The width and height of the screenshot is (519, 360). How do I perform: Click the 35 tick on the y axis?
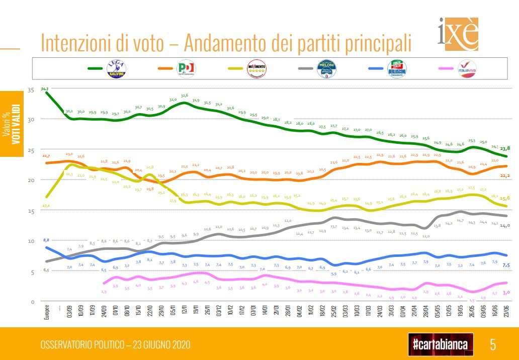(30, 89)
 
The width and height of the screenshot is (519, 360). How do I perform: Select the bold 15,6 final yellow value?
(505, 198)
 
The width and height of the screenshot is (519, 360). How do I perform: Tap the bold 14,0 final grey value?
(505, 226)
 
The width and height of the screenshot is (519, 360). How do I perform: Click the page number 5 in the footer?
(492, 344)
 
